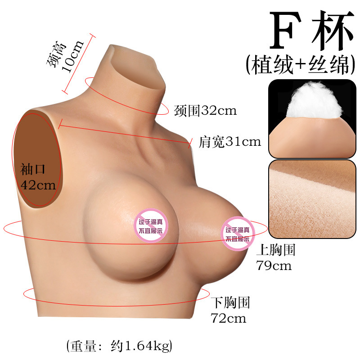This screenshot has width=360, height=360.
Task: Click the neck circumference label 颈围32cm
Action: coord(205,110)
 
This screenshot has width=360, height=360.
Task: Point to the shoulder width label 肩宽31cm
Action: coord(229,142)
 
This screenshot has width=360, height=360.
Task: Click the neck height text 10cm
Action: coord(73,56)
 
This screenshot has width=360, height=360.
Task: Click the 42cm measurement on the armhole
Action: coord(38,184)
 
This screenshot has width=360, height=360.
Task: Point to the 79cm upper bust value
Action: coord(274,265)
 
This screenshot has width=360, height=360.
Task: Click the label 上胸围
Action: coord(275,250)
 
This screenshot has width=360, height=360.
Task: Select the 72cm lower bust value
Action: coord(229,318)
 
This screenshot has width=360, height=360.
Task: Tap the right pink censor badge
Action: coord(238,234)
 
